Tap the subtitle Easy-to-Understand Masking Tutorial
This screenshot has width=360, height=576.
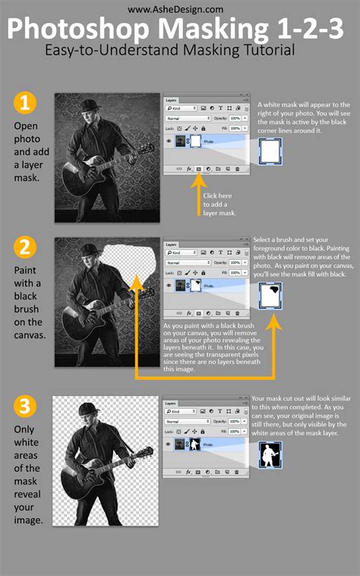point(180,52)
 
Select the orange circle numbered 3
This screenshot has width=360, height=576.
point(24,407)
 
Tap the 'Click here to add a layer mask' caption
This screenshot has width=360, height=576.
point(220,204)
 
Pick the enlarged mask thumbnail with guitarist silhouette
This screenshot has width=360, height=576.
point(270,456)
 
